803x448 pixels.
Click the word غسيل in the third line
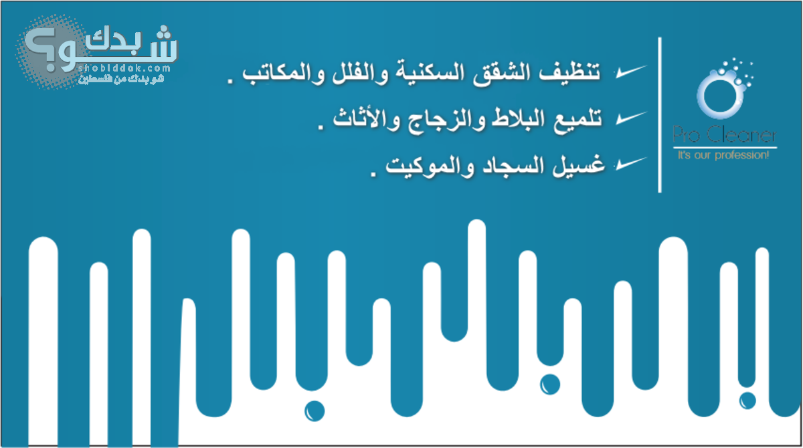click(578, 165)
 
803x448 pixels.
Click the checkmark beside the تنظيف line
click(630, 72)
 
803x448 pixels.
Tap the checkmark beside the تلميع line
click(631, 118)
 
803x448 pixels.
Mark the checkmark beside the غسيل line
click(630, 164)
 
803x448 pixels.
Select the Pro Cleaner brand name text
click(725, 134)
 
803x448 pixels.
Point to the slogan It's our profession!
click(723, 155)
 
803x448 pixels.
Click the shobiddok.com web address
click(124, 68)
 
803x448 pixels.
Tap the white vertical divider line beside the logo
click(660, 114)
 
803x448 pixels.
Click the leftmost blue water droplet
click(315, 411)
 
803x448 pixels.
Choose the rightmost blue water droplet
click(747, 401)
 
